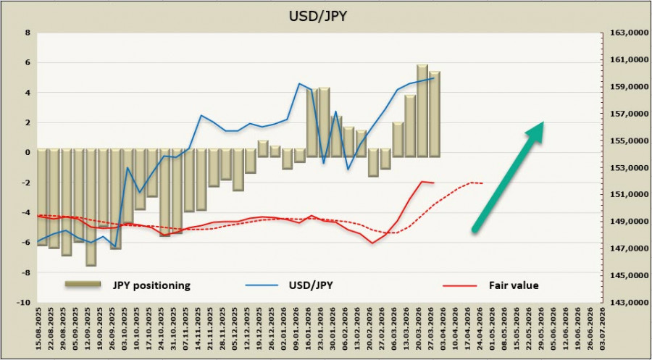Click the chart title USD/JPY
coord(325,15)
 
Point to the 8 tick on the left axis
coord(27,33)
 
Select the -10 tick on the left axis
coord(24,303)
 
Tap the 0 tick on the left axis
coord(27,153)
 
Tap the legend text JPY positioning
coord(151,285)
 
